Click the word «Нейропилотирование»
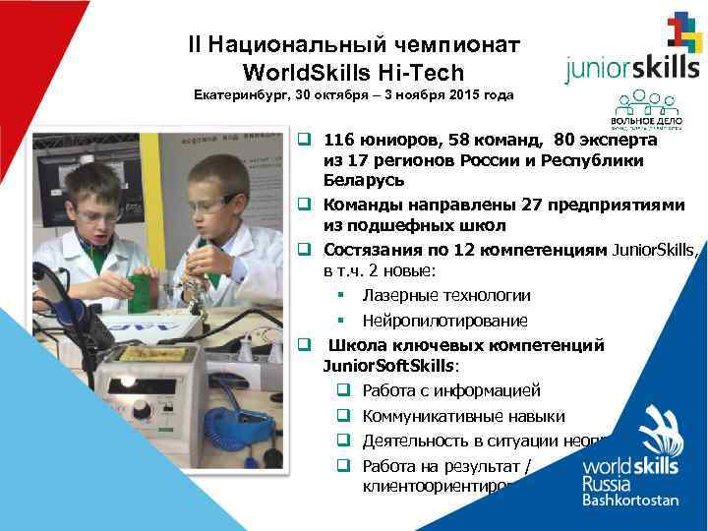444,321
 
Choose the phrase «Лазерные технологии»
445,295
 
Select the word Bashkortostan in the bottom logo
630,500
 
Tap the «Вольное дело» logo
639,108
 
